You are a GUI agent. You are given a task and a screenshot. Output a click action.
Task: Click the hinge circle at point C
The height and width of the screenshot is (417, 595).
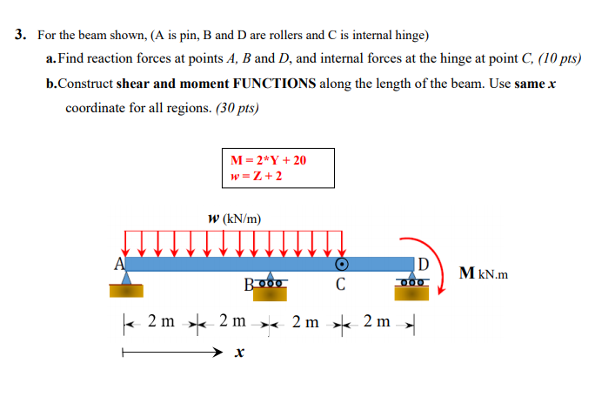tap(343, 264)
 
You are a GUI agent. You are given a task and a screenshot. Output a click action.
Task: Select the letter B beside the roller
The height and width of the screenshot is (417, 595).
tap(250, 284)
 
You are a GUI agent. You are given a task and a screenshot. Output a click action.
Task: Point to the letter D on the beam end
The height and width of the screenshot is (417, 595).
tap(423, 264)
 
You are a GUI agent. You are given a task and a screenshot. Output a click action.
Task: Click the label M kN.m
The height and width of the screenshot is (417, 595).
tap(483, 275)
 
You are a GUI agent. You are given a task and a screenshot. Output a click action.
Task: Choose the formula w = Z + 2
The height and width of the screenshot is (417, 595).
tap(256, 176)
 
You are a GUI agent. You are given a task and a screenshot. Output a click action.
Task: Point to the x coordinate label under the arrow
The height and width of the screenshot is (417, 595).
tap(238, 354)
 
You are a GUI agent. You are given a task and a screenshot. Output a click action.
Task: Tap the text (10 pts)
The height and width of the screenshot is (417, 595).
tap(560, 59)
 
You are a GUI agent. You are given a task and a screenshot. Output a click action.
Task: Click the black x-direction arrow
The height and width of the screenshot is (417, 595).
tap(174, 353)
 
